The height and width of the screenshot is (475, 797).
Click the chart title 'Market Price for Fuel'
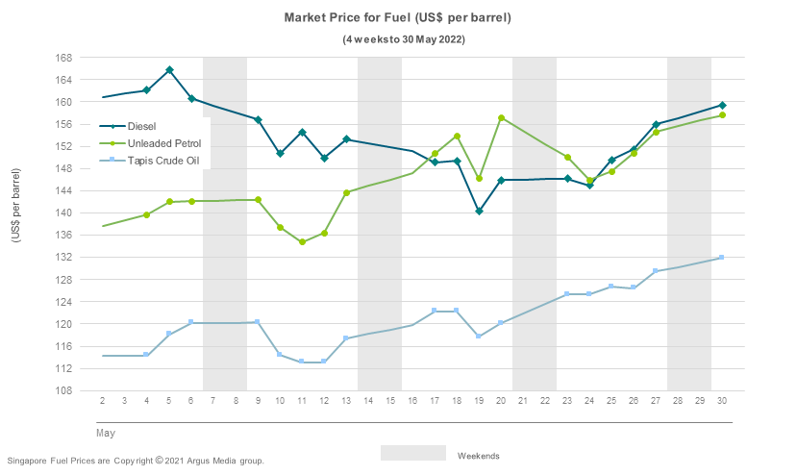click(x=397, y=18)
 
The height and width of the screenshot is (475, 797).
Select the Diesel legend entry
click(x=141, y=126)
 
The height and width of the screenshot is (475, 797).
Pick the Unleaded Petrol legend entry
click(x=162, y=143)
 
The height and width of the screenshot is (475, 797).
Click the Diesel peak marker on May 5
click(x=169, y=70)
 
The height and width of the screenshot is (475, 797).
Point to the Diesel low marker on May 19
click(x=479, y=212)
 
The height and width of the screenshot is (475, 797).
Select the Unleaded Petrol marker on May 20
click(x=501, y=118)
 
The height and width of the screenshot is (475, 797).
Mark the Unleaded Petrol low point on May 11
click(x=302, y=242)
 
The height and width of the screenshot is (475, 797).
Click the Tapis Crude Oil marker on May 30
click(x=722, y=258)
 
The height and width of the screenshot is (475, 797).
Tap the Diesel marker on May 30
click(x=722, y=105)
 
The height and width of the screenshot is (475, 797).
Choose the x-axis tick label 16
click(x=412, y=400)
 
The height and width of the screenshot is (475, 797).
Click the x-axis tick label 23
click(x=567, y=400)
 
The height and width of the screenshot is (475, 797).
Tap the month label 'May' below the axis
click(x=105, y=433)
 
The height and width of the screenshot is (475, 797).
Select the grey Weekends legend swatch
click(x=413, y=453)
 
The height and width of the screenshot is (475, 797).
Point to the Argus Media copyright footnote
click(x=135, y=461)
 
